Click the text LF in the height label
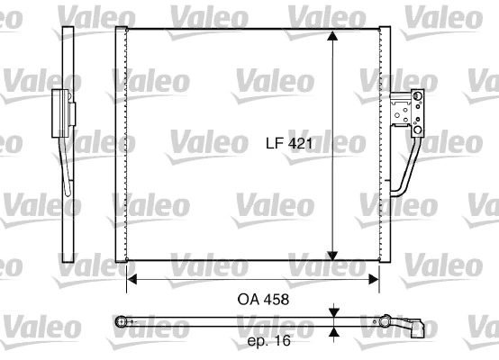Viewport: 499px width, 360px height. pos(276,142)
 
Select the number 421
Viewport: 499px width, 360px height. pos(299,142)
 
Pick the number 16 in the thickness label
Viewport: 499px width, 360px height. pos(283,341)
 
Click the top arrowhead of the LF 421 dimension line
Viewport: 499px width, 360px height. pos(334,37)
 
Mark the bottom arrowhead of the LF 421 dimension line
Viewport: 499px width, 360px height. pos(334,254)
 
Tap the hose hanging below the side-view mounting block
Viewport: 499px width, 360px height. pos(65,162)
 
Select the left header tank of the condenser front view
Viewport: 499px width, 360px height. pos(121,144)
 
